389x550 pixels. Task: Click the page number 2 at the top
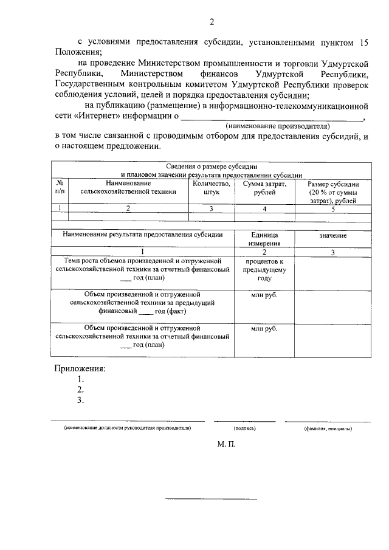coord(212,22)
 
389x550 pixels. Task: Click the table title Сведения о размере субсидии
coord(212,165)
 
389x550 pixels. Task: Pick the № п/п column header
coord(60,187)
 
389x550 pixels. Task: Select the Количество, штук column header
coord(211,187)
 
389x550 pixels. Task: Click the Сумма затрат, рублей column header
coord(264,187)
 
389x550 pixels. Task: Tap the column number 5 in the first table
coord(332,208)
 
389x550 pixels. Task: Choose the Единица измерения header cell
coord(264,238)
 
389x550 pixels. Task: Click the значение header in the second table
coord(332,235)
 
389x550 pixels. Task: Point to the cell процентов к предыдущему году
coord(264,269)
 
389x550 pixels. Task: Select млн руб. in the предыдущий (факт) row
coord(264,295)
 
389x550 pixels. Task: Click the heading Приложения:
coord(80,368)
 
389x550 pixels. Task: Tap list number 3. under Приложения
coord(80,400)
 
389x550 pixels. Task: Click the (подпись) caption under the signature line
coord(244,428)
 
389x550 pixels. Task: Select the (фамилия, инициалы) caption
coord(328,428)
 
